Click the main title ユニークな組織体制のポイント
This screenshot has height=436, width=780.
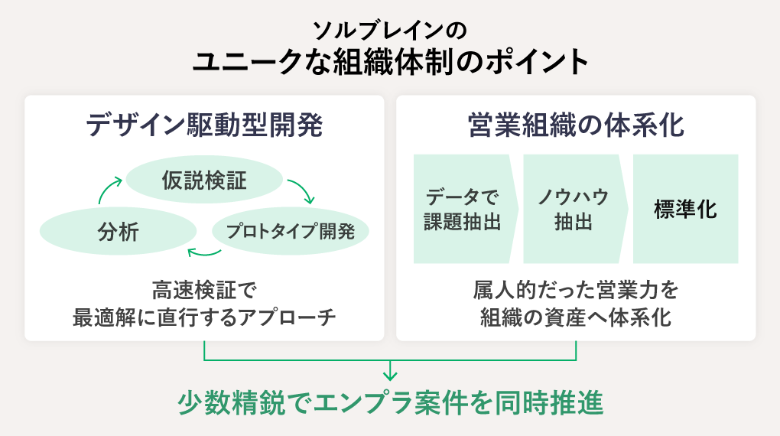(390, 62)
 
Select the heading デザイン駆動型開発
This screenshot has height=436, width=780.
(204, 125)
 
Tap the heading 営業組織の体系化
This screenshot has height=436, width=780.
(575, 125)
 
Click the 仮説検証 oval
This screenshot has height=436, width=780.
(204, 181)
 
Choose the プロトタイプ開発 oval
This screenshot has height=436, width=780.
(291, 231)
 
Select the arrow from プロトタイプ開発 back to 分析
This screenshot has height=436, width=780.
(204, 252)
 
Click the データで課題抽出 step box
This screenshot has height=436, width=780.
(463, 210)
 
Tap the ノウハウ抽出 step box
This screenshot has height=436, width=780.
(574, 210)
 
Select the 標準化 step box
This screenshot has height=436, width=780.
(685, 210)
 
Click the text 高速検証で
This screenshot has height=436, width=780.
(204, 291)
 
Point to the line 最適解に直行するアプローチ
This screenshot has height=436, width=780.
(204, 317)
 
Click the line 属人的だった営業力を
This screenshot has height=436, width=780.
(575, 291)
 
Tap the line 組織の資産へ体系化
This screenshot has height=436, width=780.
(575, 317)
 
